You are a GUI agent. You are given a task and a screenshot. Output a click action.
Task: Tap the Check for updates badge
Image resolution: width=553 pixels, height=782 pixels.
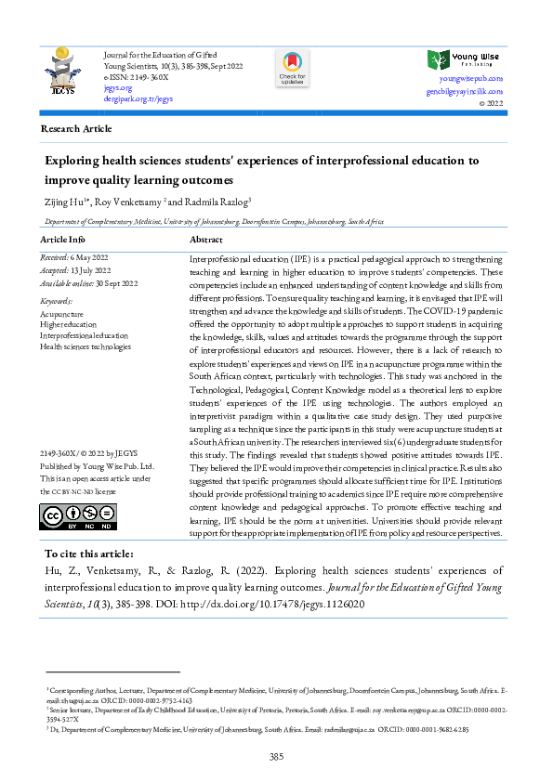(291, 69)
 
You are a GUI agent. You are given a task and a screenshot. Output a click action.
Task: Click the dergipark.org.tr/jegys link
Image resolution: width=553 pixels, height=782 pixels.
(138, 98)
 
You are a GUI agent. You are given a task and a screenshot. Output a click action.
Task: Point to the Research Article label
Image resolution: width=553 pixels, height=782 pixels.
(76, 129)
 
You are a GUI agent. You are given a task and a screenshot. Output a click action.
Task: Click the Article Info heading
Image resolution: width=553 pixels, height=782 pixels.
(66, 240)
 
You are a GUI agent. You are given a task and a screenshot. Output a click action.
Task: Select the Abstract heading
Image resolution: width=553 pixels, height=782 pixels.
(206, 240)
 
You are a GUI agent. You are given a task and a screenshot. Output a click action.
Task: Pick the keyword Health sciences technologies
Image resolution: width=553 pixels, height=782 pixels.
(86, 346)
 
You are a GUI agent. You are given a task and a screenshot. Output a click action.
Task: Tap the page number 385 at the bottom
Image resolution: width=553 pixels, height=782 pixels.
(276, 758)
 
